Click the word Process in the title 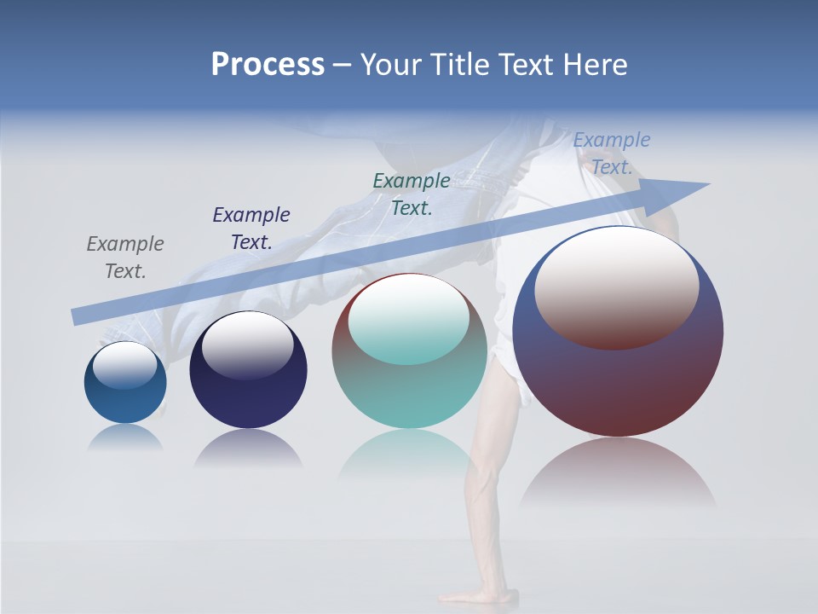(268, 65)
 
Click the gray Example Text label (125, 258)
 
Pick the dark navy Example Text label (251, 229)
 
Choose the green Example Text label (412, 194)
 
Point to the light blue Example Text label (611, 153)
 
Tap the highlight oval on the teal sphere (409, 320)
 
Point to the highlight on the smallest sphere (125, 365)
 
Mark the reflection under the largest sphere (618, 473)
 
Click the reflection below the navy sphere (248, 449)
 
